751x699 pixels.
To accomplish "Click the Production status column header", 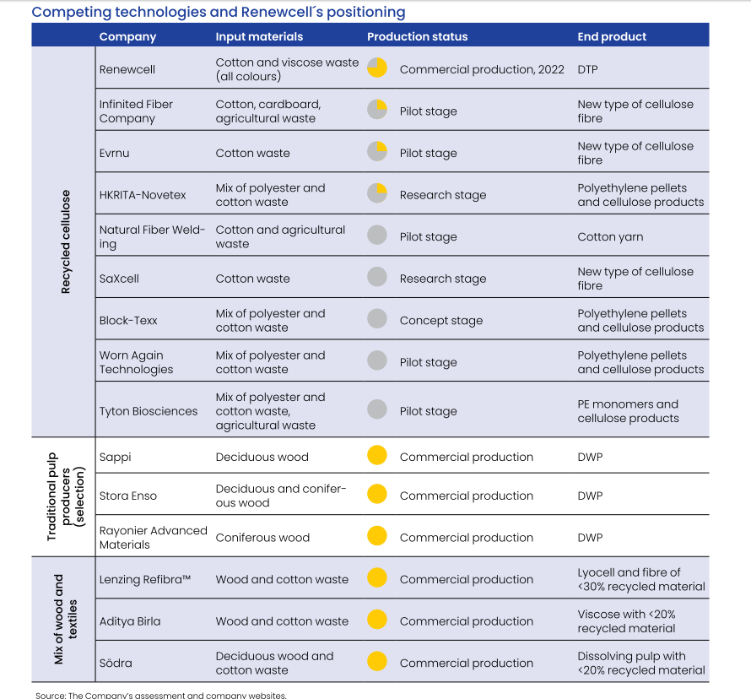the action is point(417,36).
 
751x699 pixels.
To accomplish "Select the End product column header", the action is point(612,36).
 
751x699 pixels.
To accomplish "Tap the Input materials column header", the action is point(259,37).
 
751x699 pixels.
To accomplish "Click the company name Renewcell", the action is point(127,69).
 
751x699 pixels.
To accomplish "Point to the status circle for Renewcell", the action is point(377,68).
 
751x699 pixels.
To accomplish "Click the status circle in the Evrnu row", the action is point(377,151).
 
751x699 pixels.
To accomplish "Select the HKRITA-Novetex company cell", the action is point(143,195).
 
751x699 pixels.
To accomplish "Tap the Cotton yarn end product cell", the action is point(610,236).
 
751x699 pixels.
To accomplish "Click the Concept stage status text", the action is point(441,321).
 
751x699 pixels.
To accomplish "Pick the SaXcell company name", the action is point(119,279).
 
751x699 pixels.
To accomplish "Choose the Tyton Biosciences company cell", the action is point(148,411).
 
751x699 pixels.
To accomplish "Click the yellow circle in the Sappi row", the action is point(377,455).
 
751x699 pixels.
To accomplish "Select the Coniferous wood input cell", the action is point(262,538).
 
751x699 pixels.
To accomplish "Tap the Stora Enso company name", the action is point(128,496).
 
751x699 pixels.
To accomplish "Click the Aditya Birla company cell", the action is point(130,621).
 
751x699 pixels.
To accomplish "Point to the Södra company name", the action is point(116,663).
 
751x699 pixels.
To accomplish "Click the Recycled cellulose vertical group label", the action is point(66,241).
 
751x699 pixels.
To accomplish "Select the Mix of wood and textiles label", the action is point(65,620).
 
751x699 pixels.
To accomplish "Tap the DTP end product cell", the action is point(587,69).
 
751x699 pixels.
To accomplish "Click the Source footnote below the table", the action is point(161,695).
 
